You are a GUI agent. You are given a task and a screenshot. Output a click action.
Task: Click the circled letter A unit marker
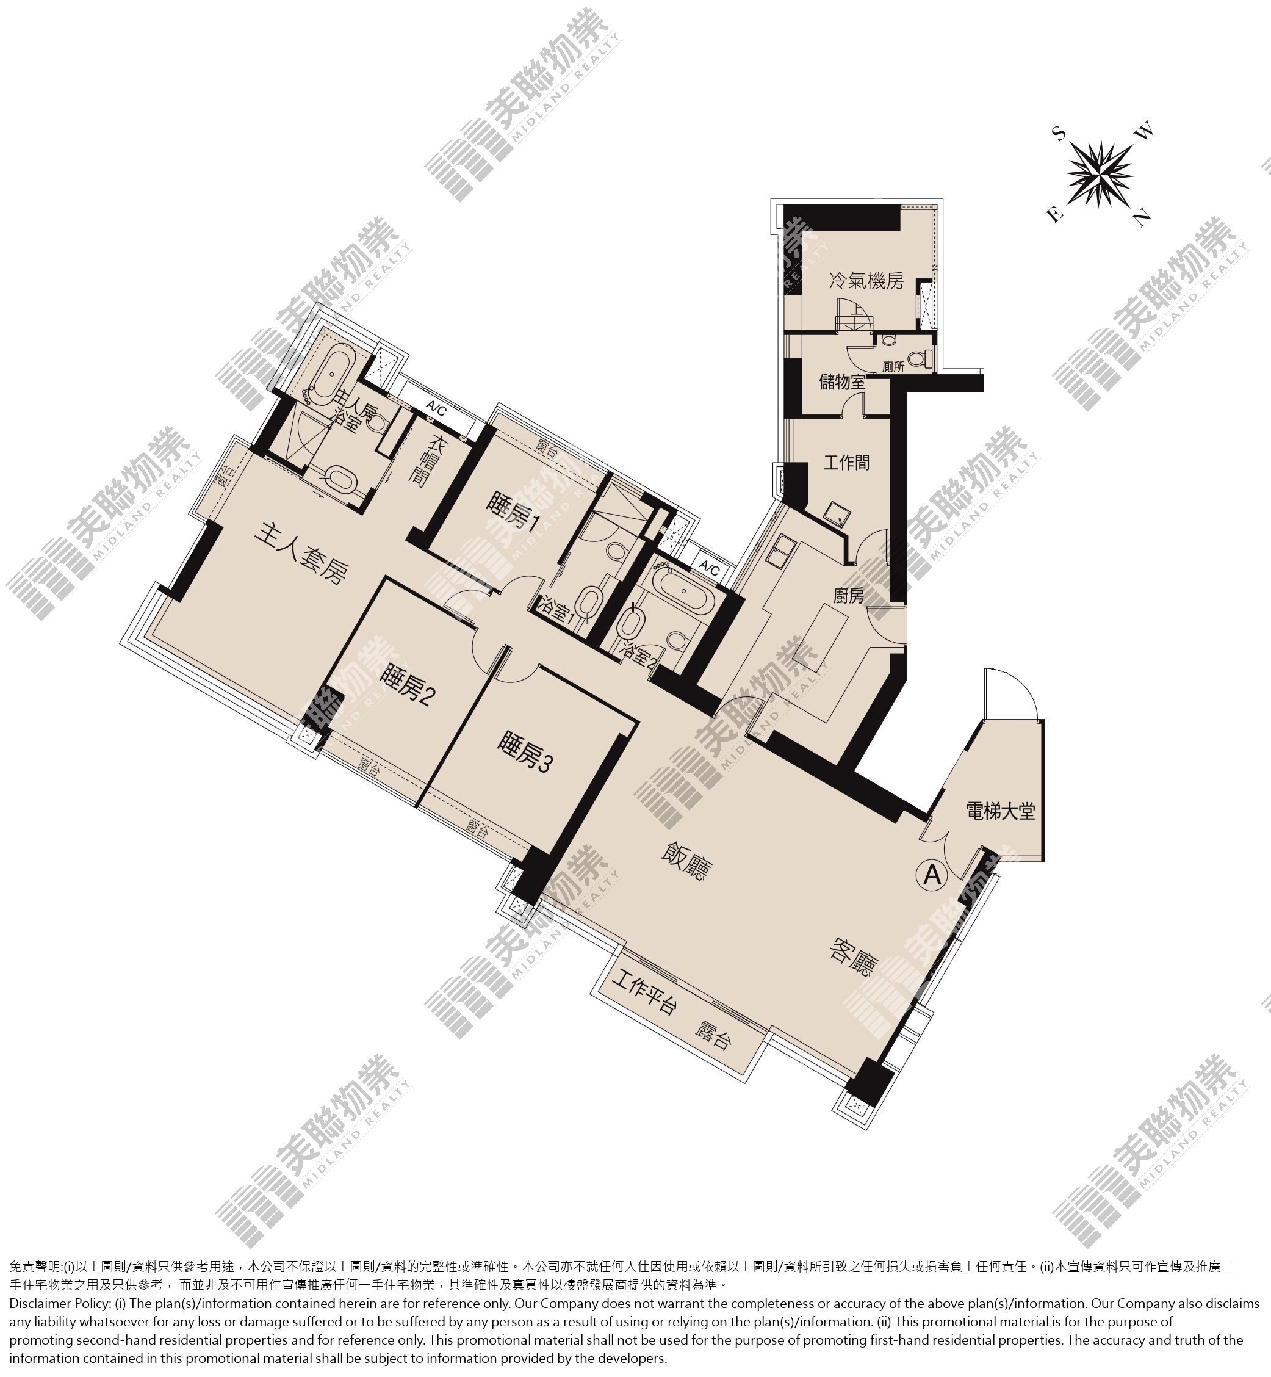click(932, 874)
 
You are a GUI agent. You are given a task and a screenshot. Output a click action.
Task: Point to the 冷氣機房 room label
click(866, 281)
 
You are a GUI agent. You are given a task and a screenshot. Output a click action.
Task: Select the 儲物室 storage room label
click(842, 381)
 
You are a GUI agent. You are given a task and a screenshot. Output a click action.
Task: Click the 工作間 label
click(847, 462)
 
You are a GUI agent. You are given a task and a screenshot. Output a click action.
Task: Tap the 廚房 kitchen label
click(848, 595)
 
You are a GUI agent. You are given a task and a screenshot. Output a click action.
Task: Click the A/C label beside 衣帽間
click(436, 408)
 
